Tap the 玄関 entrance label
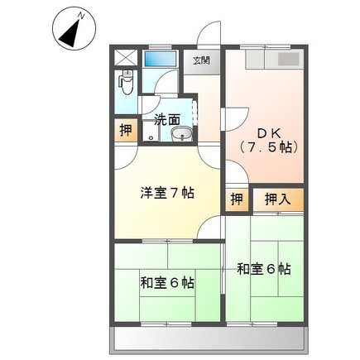pyautogui.click(x=201, y=60)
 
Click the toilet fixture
pyautogui.click(x=127, y=83)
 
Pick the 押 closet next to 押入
pyautogui.click(x=237, y=199)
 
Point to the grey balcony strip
pyautogui.click(x=217, y=338)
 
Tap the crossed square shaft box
pyautogui.click(x=126, y=58)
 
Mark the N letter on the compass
pyautogui.click(x=80, y=16)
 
